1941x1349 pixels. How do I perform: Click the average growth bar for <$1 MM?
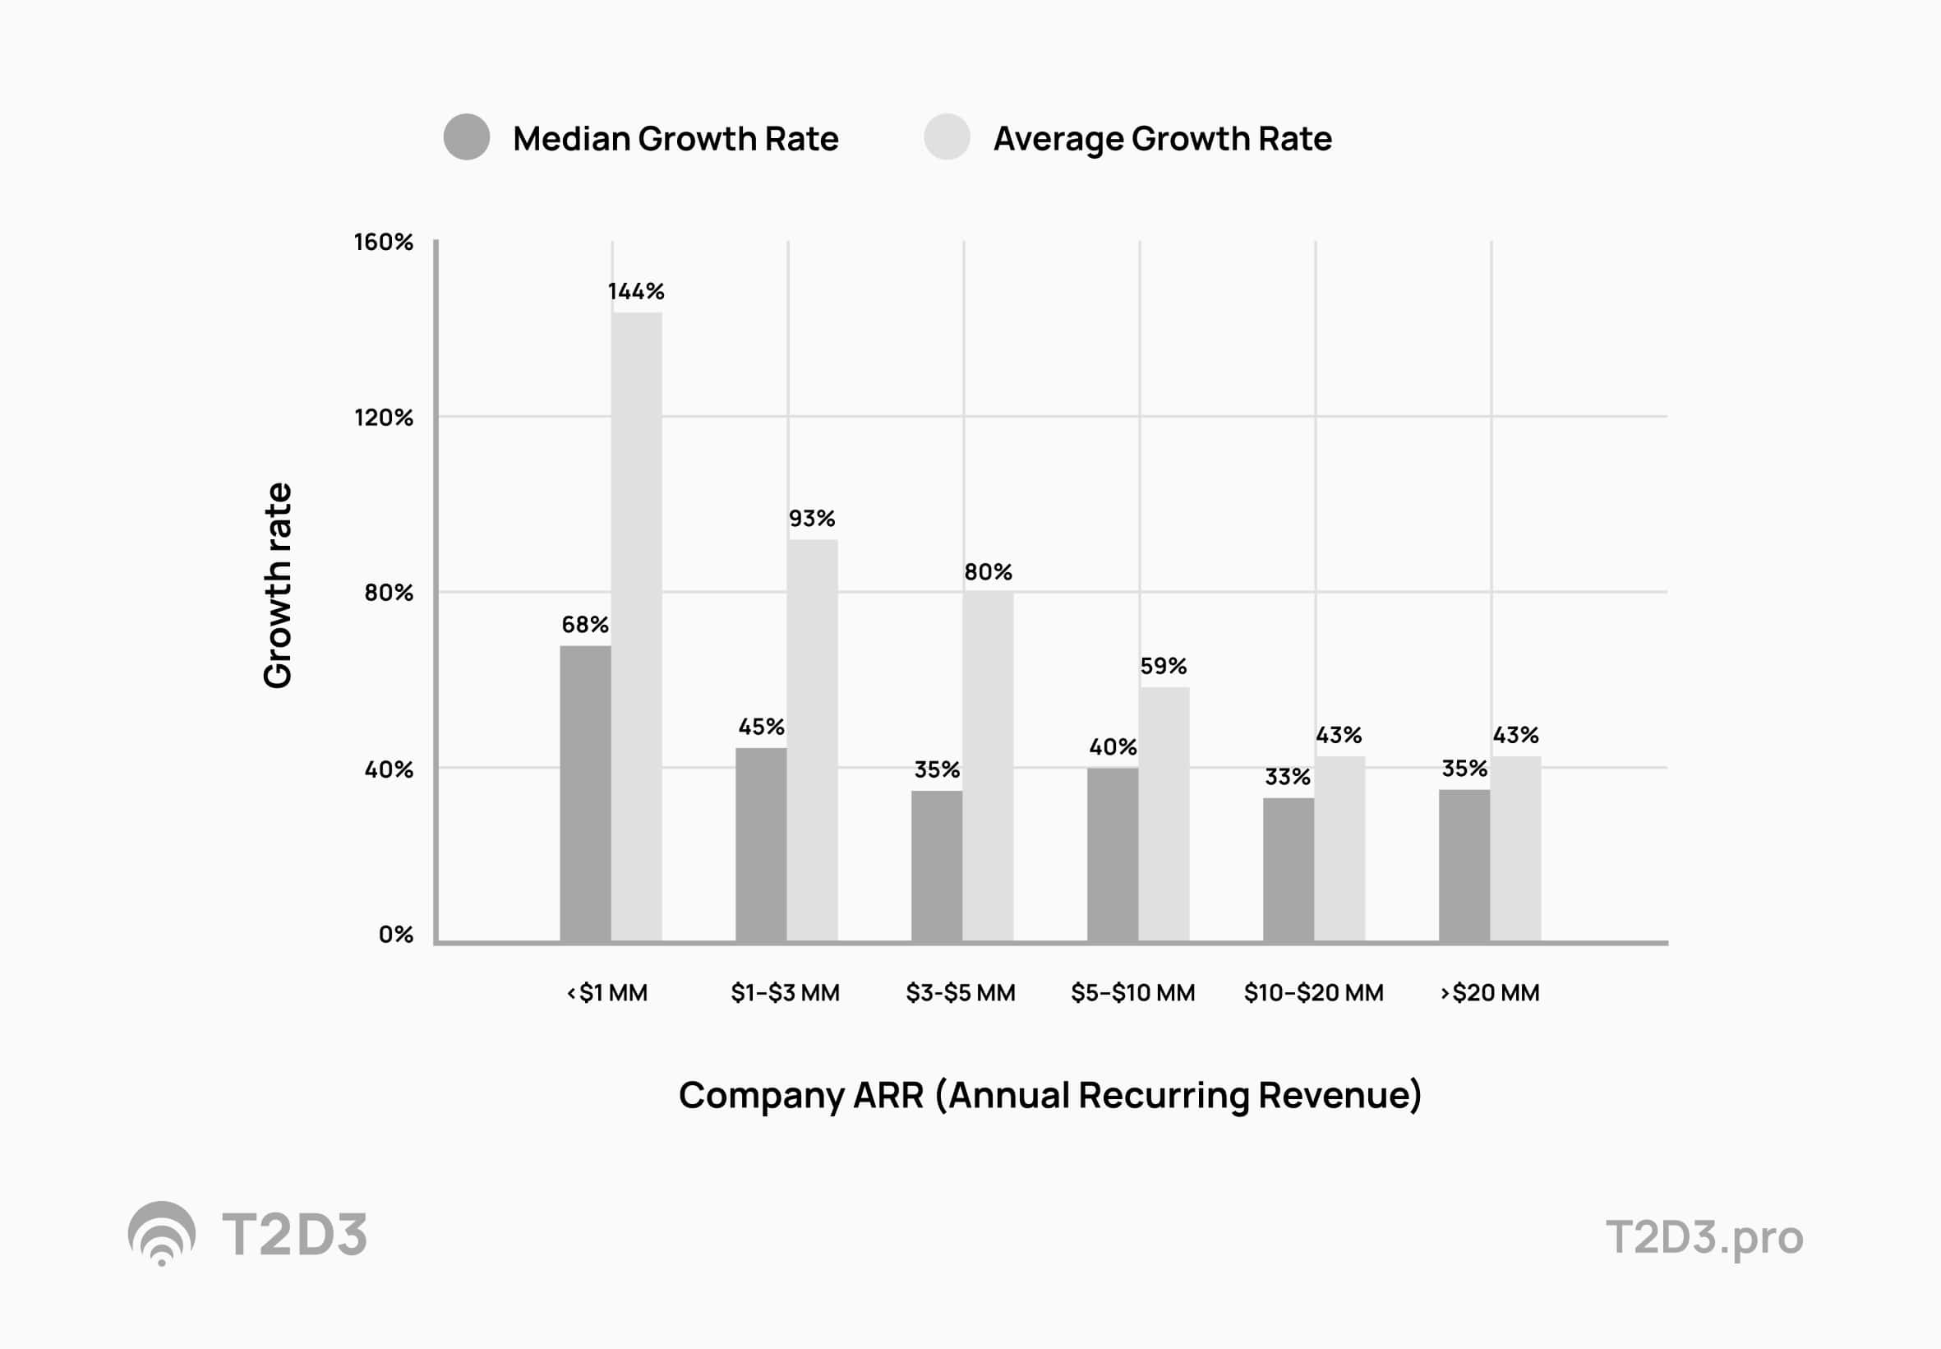(x=636, y=626)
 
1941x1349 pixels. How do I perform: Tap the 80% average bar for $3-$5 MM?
(x=987, y=765)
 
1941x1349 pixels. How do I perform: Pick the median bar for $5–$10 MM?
(x=1112, y=853)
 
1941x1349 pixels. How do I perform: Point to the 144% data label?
(x=635, y=292)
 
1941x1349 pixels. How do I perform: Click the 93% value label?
(x=811, y=518)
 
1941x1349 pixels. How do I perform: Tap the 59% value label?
(x=1163, y=666)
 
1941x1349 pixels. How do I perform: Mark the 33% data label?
(x=1287, y=777)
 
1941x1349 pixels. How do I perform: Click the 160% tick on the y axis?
(x=383, y=243)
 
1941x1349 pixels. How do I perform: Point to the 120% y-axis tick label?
(x=383, y=418)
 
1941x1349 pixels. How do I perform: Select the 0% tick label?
(x=395, y=934)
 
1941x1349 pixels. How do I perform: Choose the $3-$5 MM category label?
(x=960, y=992)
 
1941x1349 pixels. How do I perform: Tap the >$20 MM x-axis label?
(x=1489, y=992)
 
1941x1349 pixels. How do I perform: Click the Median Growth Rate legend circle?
(x=467, y=137)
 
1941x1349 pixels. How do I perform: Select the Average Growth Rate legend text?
(x=1162, y=139)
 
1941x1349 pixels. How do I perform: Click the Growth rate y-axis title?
(x=277, y=585)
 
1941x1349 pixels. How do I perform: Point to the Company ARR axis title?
(x=1049, y=1096)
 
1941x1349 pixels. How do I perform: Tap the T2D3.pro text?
(x=1704, y=1236)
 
